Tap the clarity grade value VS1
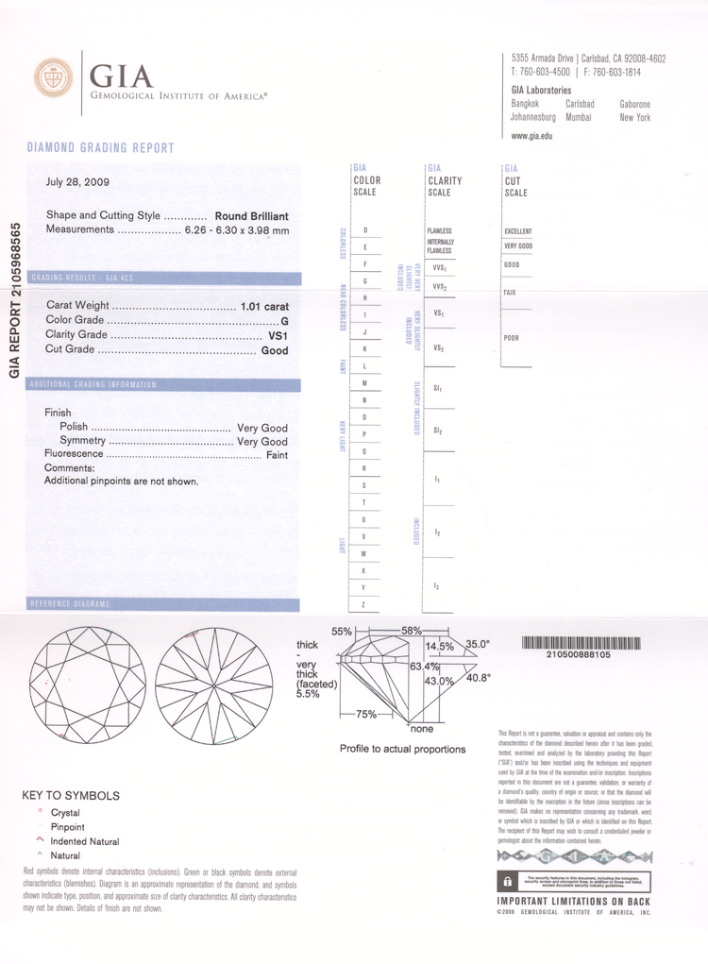(278, 335)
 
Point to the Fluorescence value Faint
(277, 455)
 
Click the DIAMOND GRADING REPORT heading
(100, 148)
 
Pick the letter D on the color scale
(364, 230)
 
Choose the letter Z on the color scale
(364, 604)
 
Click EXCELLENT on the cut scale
(518, 231)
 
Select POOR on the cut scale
(512, 338)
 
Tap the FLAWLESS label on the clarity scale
(440, 231)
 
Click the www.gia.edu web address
(531, 136)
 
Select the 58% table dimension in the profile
(411, 630)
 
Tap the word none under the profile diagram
(421, 729)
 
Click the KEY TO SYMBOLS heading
(71, 796)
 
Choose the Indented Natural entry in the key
(84, 841)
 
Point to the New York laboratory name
(634, 118)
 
